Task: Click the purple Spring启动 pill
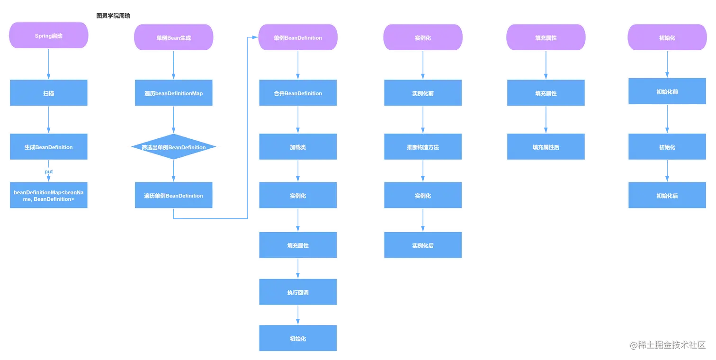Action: click(49, 36)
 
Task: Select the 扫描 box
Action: click(49, 93)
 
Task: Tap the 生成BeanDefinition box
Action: click(49, 147)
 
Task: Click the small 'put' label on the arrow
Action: click(49, 171)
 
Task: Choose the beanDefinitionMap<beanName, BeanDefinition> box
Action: click(49, 195)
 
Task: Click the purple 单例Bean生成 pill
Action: click(174, 37)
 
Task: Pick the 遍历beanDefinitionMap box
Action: click(174, 93)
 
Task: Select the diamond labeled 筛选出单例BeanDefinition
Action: click(174, 147)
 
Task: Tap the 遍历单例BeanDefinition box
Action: click(174, 195)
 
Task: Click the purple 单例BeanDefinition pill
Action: click(298, 37)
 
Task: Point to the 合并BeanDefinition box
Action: click(298, 93)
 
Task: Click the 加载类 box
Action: click(298, 147)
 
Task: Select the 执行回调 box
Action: click(298, 292)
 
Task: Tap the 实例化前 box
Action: click(423, 93)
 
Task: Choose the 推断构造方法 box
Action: click(423, 147)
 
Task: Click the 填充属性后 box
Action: click(546, 147)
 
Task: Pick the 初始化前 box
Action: click(667, 91)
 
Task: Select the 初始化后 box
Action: click(667, 195)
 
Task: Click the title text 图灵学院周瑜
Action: click(113, 16)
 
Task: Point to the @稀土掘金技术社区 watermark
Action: click(668, 345)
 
